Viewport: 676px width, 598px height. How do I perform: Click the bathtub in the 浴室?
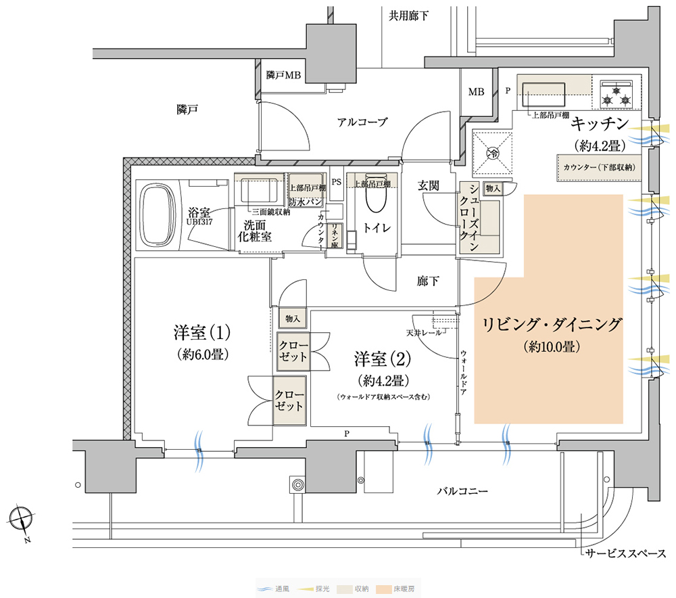(x=159, y=215)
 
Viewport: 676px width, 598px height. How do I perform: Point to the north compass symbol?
(x=23, y=520)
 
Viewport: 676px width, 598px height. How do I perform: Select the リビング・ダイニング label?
(x=551, y=325)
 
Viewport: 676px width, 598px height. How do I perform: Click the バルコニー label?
(x=462, y=490)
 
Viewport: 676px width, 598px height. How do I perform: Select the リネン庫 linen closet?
(x=335, y=235)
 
